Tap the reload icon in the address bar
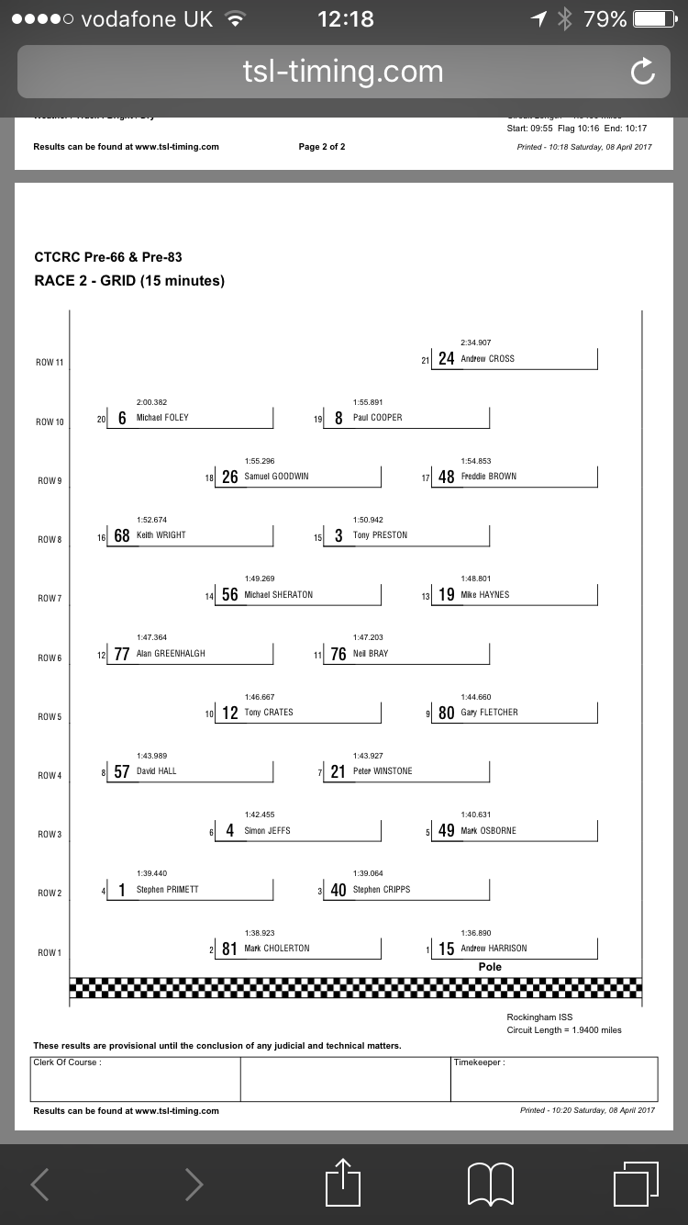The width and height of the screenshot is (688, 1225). pyautogui.click(x=643, y=72)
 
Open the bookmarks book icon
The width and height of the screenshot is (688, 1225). pyautogui.click(x=490, y=1184)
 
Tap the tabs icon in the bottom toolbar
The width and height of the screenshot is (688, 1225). pyautogui.click(x=635, y=1184)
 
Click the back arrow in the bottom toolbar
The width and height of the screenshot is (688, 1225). pyautogui.click(x=40, y=1184)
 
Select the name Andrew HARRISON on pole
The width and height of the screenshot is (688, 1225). pyautogui.click(x=494, y=949)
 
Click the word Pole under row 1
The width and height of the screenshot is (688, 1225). pyautogui.click(x=490, y=967)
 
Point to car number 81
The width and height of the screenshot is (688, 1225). pyautogui.click(x=229, y=950)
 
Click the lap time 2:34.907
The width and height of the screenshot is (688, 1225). pyautogui.click(x=475, y=343)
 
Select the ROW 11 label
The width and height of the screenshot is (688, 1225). pyautogui.click(x=50, y=363)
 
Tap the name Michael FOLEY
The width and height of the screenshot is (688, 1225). pyautogui.click(x=162, y=418)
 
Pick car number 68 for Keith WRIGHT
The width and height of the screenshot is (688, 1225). pyautogui.click(x=122, y=536)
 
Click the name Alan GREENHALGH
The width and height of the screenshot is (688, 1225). pyautogui.click(x=171, y=654)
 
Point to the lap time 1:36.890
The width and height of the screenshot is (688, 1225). pyautogui.click(x=475, y=933)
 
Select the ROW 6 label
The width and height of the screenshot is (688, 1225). pyautogui.click(x=50, y=658)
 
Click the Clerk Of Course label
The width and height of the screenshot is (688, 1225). pyautogui.click(x=67, y=1062)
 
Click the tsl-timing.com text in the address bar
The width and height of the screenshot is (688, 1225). pyautogui.click(x=343, y=72)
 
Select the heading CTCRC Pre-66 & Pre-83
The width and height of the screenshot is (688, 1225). pyautogui.click(x=102, y=257)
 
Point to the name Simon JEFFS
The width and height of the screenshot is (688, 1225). pyautogui.click(x=267, y=831)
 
